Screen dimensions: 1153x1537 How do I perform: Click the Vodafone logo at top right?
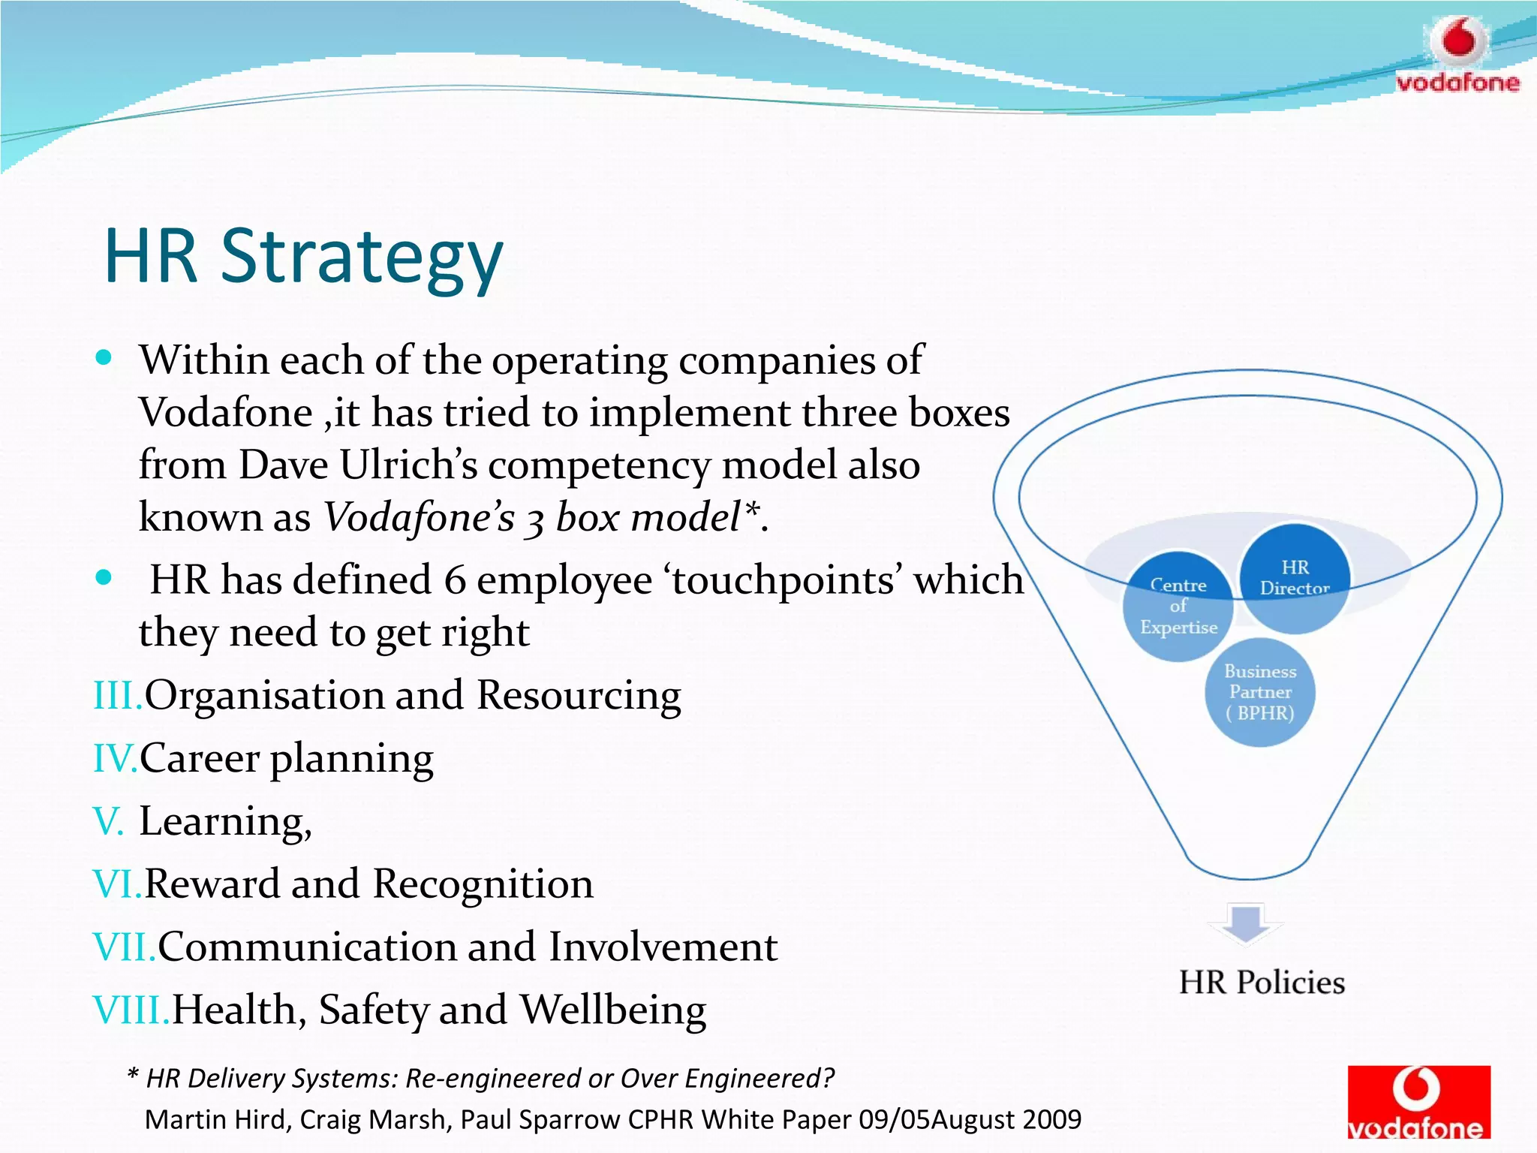point(1457,56)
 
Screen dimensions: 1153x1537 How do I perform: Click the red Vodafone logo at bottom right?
point(1418,1101)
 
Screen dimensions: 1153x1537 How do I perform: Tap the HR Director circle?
point(1295,578)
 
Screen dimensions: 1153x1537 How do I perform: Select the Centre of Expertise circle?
point(1178,606)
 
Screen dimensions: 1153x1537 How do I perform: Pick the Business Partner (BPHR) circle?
point(1260,692)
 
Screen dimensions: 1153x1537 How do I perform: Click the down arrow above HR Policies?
point(1246,922)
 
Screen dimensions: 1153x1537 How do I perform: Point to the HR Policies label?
point(1262,983)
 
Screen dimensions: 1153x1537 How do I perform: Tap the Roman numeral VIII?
point(131,1010)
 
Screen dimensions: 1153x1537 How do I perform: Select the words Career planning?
point(286,758)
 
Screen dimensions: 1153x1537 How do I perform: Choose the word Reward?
point(212,884)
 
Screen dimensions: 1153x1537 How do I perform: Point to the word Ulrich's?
point(408,465)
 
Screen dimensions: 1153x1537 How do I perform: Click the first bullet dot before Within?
point(104,357)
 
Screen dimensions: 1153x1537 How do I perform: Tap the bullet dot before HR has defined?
point(104,577)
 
